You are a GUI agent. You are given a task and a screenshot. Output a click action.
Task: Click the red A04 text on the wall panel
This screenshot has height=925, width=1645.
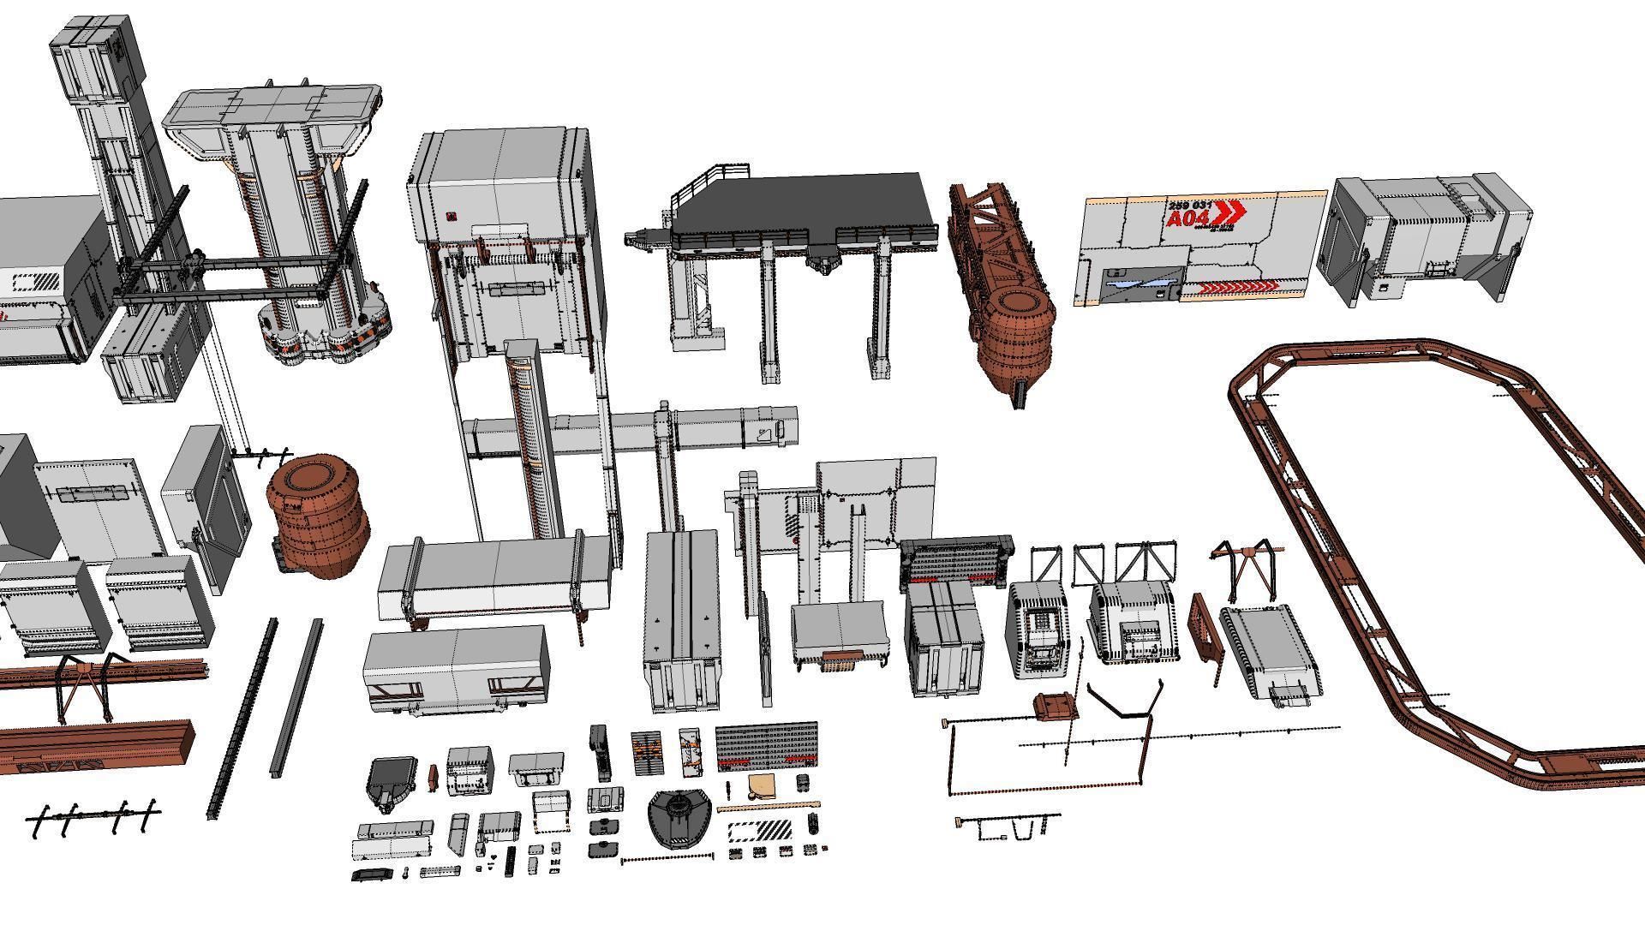pos(1188,220)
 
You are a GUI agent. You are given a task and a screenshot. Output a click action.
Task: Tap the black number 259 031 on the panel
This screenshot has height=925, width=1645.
pos(1190,206)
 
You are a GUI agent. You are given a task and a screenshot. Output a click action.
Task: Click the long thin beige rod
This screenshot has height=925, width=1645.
pos(767,806)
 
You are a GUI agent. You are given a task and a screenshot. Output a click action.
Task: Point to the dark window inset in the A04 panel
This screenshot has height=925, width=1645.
pos(1140,277)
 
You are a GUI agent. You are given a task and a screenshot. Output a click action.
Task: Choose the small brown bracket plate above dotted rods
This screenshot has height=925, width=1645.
pos(1055,707)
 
